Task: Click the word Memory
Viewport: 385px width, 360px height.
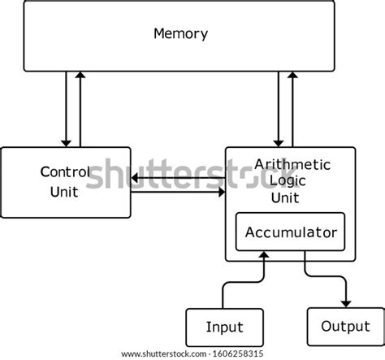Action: (x=180, y=34)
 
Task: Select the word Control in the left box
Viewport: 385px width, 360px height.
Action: (x=65, y=172)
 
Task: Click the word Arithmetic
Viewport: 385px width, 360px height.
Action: (x=293, y=165)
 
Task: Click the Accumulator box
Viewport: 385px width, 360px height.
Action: (x=291, y=232)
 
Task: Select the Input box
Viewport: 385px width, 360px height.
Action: (x=224, y=327)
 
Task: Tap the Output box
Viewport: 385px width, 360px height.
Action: (x=345, y=327)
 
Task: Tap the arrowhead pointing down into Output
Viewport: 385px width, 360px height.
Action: (x=345, y=303)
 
